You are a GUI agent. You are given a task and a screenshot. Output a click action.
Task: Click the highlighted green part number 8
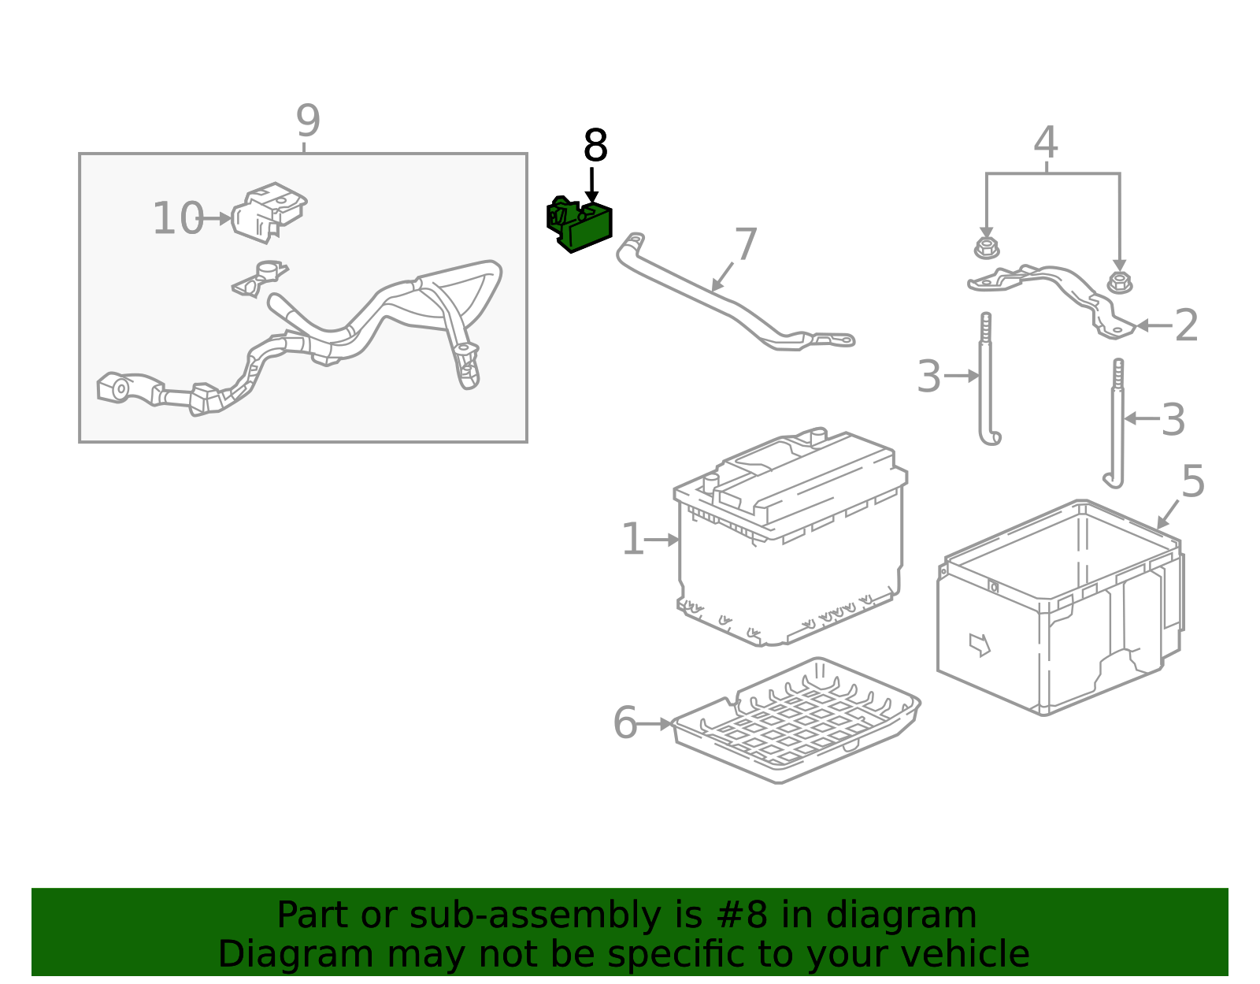click(x=581, y=225)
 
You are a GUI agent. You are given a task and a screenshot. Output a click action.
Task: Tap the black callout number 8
click(x=595, y=147)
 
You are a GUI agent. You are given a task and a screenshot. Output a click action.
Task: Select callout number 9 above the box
click(x=308, y=121)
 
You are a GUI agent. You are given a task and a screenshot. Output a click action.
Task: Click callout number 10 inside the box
click(x=178, y=219)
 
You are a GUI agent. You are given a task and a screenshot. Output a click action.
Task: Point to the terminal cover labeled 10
click(x=269, y=210)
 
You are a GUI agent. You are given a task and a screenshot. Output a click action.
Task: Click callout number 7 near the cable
click(x=745, y=244)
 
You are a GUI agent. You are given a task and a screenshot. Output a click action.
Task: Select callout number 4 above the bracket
click(x=1045, y=143)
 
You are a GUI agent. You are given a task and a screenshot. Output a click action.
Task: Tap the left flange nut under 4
click(x=985, y=248)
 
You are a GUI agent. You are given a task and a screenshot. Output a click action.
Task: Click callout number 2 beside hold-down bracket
click(x=1186, y=325)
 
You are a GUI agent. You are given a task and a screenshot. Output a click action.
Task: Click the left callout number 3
click(x=929, y=377)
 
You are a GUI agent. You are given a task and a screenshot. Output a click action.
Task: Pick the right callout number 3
click(x=1173, y=420)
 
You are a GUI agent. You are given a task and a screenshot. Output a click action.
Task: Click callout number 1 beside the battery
click(x=632, y=540)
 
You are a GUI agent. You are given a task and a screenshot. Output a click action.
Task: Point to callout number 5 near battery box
click(x=1193, y=481)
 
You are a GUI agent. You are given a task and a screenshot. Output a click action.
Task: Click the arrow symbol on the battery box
click(x=979, y=644)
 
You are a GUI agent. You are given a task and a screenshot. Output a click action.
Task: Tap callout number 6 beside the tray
click(x=624, y=723)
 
